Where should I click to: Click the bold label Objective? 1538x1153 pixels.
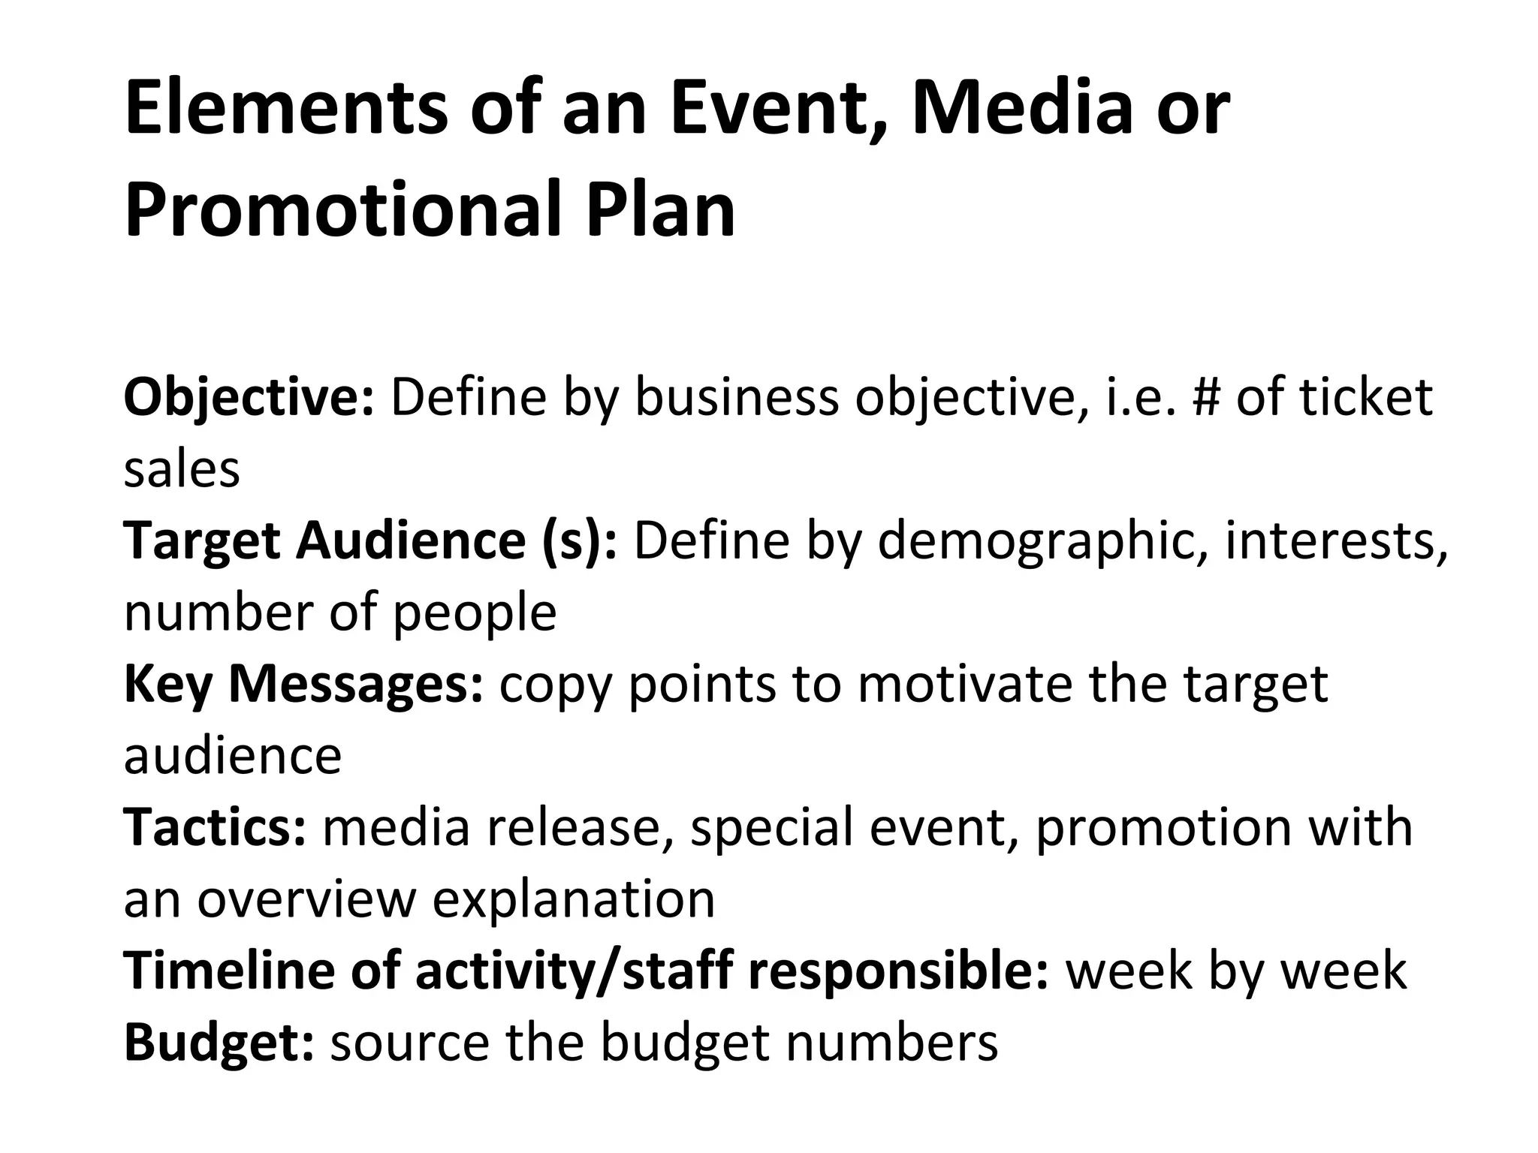[x=249, y=398]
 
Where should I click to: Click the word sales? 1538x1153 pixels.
[x=182, y=469]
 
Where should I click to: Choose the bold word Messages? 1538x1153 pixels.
[x=356, y=685]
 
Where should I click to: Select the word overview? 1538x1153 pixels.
[x=306, y=899]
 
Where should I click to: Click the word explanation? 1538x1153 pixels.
[x=574, y=900]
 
